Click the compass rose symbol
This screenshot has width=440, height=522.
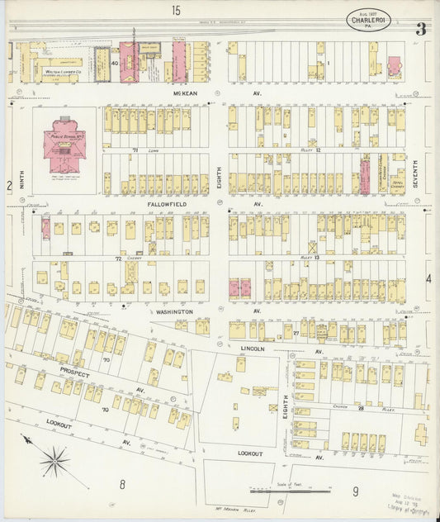click(54, 460)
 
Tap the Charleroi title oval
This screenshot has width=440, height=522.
click(366, 20)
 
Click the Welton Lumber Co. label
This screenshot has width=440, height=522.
click(60, 74)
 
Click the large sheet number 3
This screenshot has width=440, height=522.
click(421, 28)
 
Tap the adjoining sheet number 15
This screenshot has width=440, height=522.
click(176, 10)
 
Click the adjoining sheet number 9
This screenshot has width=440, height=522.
click(356, 492)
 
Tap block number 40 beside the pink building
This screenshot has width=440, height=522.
click(115, 63)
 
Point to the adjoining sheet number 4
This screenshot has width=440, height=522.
click(428, 279)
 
